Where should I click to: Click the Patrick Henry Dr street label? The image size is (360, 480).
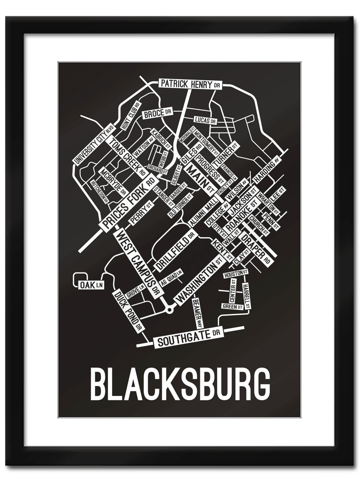tap(191, 84)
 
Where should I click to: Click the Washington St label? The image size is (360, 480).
tap(199, 281)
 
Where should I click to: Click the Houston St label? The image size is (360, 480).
tap(236, 274)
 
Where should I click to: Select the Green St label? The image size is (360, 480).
tap(232, 307)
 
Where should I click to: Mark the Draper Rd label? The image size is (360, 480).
tap(257, 248)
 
